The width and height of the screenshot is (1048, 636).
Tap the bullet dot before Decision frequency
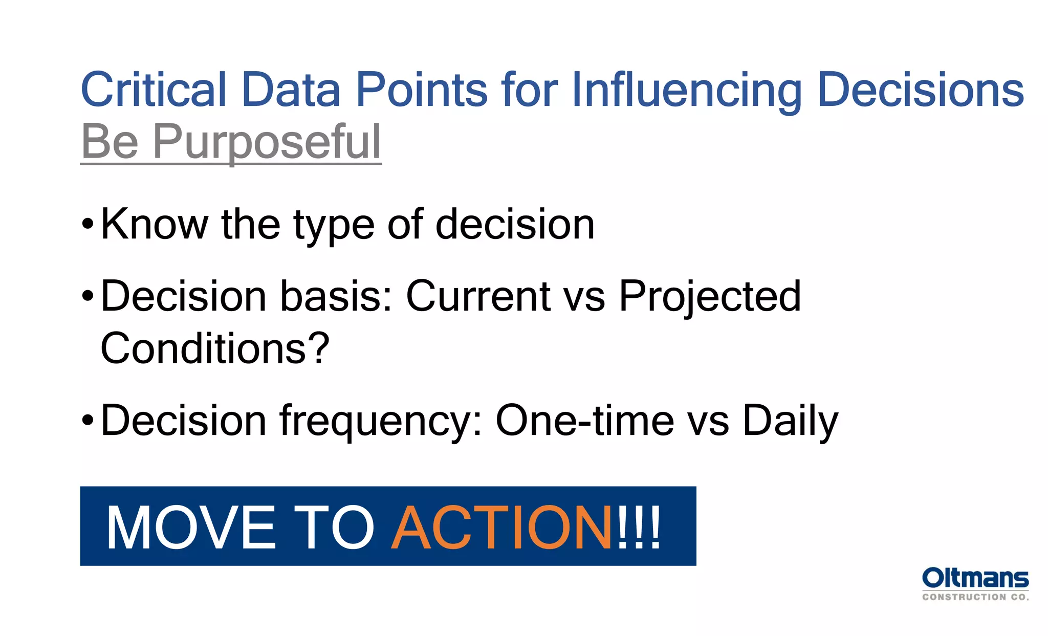pos(88,421)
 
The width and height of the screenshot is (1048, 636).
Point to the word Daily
pos(790,421)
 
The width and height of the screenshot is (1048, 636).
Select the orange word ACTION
pos(501,527)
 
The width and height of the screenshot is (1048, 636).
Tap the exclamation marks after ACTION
pos(639,527)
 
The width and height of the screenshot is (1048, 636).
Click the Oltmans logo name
pos(975,578)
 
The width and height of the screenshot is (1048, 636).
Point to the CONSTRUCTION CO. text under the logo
pos(975,597)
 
